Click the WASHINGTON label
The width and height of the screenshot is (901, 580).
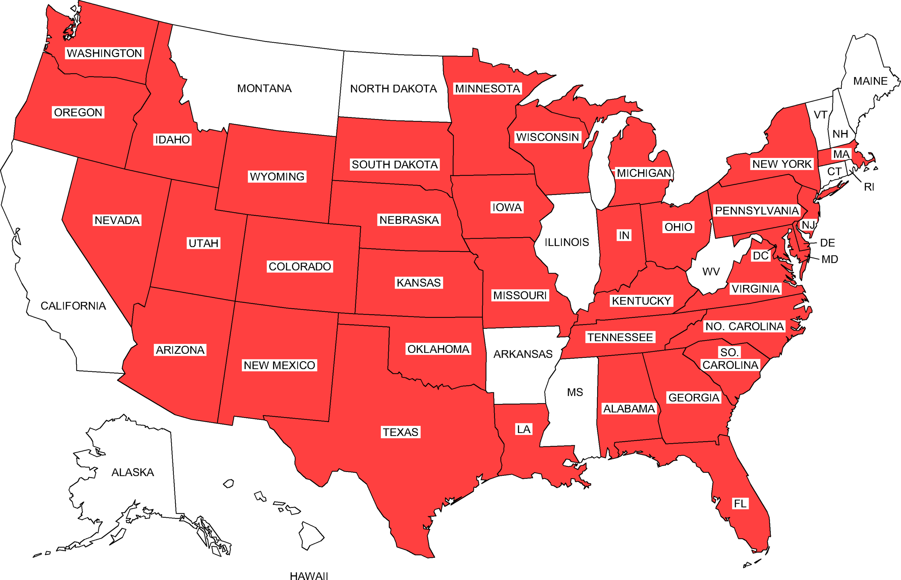(x=104, y=53)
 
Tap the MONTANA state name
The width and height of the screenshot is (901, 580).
(x=264, y=88)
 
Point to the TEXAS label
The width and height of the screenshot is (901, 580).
(x=400, y=432)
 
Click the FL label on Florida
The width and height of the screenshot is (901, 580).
(x=740, y=504)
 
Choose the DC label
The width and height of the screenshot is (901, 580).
(x=760, y=256)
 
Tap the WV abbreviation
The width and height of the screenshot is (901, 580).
(x=711, y=272)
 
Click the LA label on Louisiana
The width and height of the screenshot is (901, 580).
(x=523, y=429)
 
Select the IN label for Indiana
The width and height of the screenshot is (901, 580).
(x=624, y=235)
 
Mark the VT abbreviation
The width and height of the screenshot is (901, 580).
(x=820, y=115)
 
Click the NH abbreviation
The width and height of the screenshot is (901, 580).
(x=840, y=134)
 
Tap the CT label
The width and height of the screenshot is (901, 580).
(x=834, y=172)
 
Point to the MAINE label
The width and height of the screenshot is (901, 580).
(x=870, y=81)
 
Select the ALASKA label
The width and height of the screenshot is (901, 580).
(x=133, y=472)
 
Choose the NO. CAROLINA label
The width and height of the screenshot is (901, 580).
(x=744, y=327)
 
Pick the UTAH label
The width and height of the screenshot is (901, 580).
(x=203, y=243)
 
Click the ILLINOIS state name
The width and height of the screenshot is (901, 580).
(x=567, y=242)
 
